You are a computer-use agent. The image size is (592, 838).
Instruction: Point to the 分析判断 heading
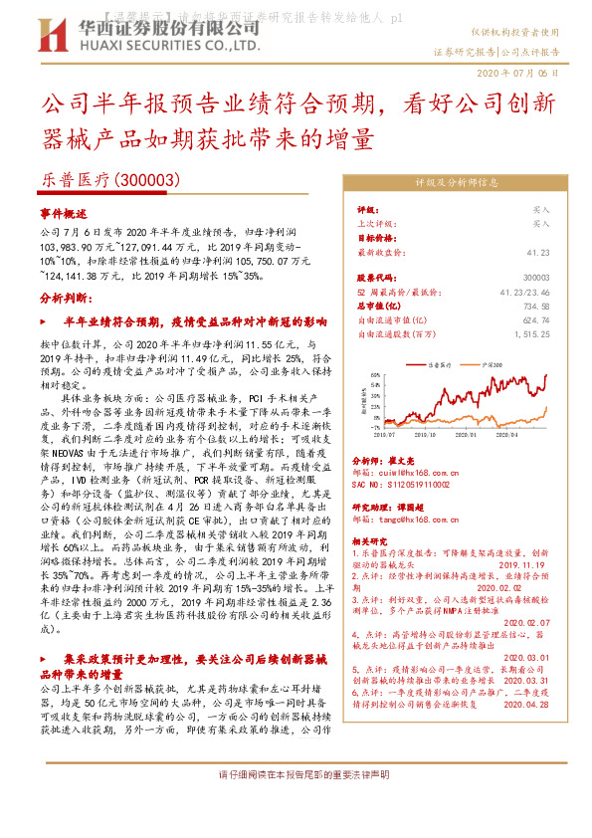pos(64,298)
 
